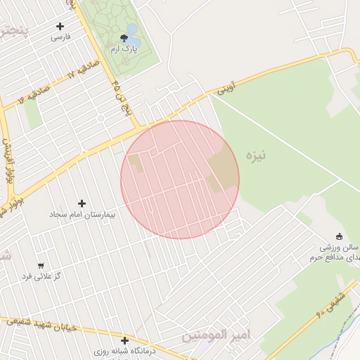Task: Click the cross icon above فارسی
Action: [x=60, y=27]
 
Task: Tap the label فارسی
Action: [x=60, y=37]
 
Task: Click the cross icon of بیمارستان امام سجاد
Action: [x=82, y=203]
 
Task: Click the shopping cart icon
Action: [x=41, y=266]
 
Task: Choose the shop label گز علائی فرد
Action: [x=41, y=276]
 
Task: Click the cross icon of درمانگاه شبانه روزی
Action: [x=124, y=340]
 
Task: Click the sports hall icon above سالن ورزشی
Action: [x=340, y=237]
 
